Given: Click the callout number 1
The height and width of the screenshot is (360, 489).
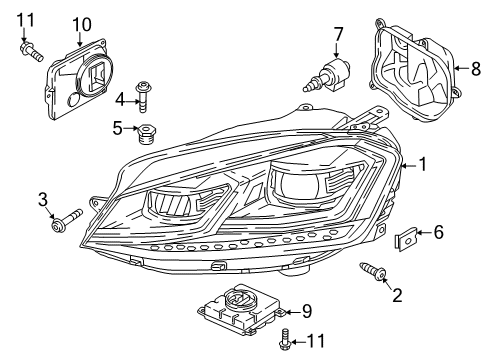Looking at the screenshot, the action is coord(422,164).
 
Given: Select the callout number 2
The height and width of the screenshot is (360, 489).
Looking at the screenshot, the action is coord(397,295).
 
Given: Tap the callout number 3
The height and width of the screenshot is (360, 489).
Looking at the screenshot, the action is coord(43,200).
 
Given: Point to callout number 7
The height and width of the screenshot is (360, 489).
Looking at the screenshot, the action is coord(338,34).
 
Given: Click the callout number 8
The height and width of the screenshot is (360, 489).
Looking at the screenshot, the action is coord(476,69).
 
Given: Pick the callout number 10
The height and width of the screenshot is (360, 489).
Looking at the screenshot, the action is coord(82,25).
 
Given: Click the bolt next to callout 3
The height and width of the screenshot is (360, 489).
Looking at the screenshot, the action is coord(67,220).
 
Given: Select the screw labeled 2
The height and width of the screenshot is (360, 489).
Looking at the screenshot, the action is coord(373,271).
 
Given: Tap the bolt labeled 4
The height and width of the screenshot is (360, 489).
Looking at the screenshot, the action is coord(144,97).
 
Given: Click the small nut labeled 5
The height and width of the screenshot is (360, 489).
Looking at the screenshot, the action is coord(147,133).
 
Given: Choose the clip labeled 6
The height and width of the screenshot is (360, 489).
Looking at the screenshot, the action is coord(406,239).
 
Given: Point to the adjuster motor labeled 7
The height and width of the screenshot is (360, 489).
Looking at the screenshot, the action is coord(328,74).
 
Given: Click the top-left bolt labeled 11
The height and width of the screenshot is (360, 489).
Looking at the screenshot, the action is coord(31,51).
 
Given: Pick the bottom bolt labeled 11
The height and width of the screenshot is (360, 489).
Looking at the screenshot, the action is coord(284,340).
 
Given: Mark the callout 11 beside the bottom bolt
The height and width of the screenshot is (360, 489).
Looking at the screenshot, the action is coord(315,341).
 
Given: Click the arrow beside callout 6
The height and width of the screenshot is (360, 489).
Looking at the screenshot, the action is coord(424,232).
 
